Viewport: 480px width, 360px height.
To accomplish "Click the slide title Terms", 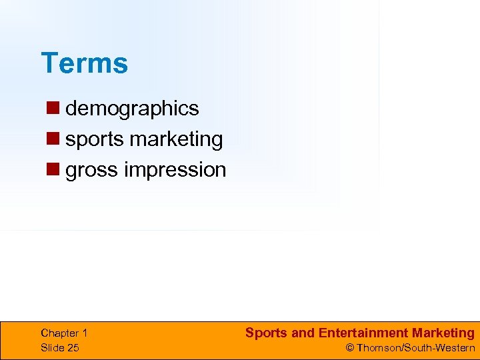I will coord(84,63).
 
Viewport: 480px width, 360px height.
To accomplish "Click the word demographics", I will coord(132,108).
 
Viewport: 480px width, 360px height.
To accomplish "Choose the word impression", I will coord(175,170).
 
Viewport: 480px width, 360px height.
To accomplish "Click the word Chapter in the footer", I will coord(59,333).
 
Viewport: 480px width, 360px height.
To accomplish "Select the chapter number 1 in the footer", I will coord(85,333).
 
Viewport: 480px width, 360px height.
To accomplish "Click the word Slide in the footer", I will coord(51,347).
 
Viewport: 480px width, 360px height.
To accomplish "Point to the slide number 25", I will coord(73,347).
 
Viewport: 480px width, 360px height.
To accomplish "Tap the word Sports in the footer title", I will coord(266,333).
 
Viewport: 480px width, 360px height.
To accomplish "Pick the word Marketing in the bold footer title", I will coord(443,333).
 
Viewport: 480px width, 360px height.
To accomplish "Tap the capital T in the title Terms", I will coord(49,63).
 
